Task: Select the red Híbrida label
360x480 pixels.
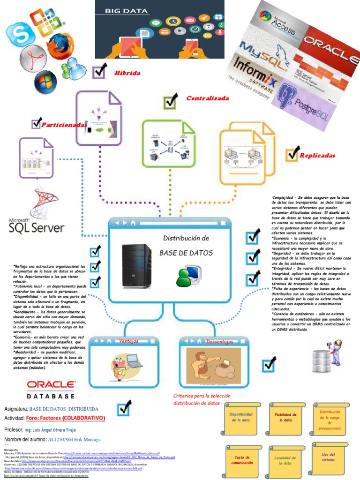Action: [127, 73]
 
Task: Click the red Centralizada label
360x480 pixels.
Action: [207, 98]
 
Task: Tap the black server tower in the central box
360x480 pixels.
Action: [136, 265]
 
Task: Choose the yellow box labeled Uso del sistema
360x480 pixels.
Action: [328, 457]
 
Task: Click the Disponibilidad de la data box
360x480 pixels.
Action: [241, 418]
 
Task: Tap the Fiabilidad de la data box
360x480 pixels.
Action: [285, 418]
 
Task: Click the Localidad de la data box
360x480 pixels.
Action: [285, 459]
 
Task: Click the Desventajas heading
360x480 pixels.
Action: [219, 341]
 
